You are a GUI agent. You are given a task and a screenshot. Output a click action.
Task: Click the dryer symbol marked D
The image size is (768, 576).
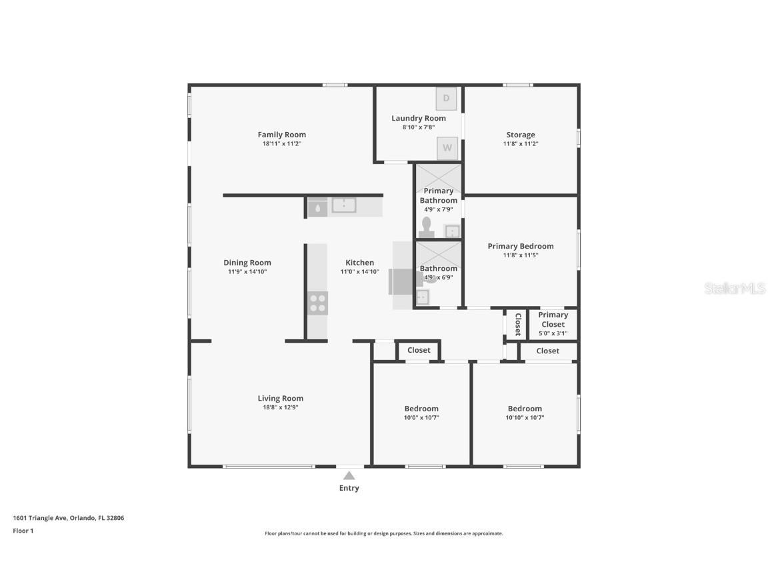coord(446,99)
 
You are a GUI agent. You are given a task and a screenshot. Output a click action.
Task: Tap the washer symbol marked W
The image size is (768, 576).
coord(447,148)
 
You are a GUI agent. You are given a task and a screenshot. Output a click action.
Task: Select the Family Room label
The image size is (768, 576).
coord(281,135)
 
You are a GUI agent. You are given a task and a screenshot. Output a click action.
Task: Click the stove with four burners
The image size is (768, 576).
coord(318,303)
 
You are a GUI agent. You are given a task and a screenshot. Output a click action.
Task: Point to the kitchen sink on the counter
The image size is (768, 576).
coord(344,205)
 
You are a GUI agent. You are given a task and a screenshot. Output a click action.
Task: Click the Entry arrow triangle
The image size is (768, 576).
coord(349,475)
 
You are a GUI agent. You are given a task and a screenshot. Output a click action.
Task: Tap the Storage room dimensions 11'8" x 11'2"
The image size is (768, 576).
coord(520,144)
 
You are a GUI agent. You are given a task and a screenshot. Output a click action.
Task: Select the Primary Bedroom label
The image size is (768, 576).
coord(520,246)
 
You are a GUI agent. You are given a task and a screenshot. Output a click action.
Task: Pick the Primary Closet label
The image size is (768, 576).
coord(553,319)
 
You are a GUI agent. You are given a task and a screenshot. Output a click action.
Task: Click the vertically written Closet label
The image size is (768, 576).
coord(517,324)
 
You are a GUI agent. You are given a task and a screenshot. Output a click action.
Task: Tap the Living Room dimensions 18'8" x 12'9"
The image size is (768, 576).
coord(281,407)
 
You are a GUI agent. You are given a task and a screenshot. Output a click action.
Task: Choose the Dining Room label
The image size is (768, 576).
coord(247,263)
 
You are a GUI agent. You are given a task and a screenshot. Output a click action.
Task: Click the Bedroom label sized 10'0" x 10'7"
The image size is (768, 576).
coord(421,409)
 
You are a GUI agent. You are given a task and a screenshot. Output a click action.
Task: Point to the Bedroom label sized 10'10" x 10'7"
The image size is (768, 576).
coord(525,409)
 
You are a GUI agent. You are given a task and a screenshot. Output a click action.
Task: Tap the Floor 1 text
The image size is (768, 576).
coord(23,531)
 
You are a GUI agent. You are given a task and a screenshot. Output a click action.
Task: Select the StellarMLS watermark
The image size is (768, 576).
coord(734,289)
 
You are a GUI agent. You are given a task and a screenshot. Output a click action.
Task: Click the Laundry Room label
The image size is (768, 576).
coord(419,119)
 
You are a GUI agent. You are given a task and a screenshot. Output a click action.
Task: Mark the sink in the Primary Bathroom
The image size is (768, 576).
coord(452,231)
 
